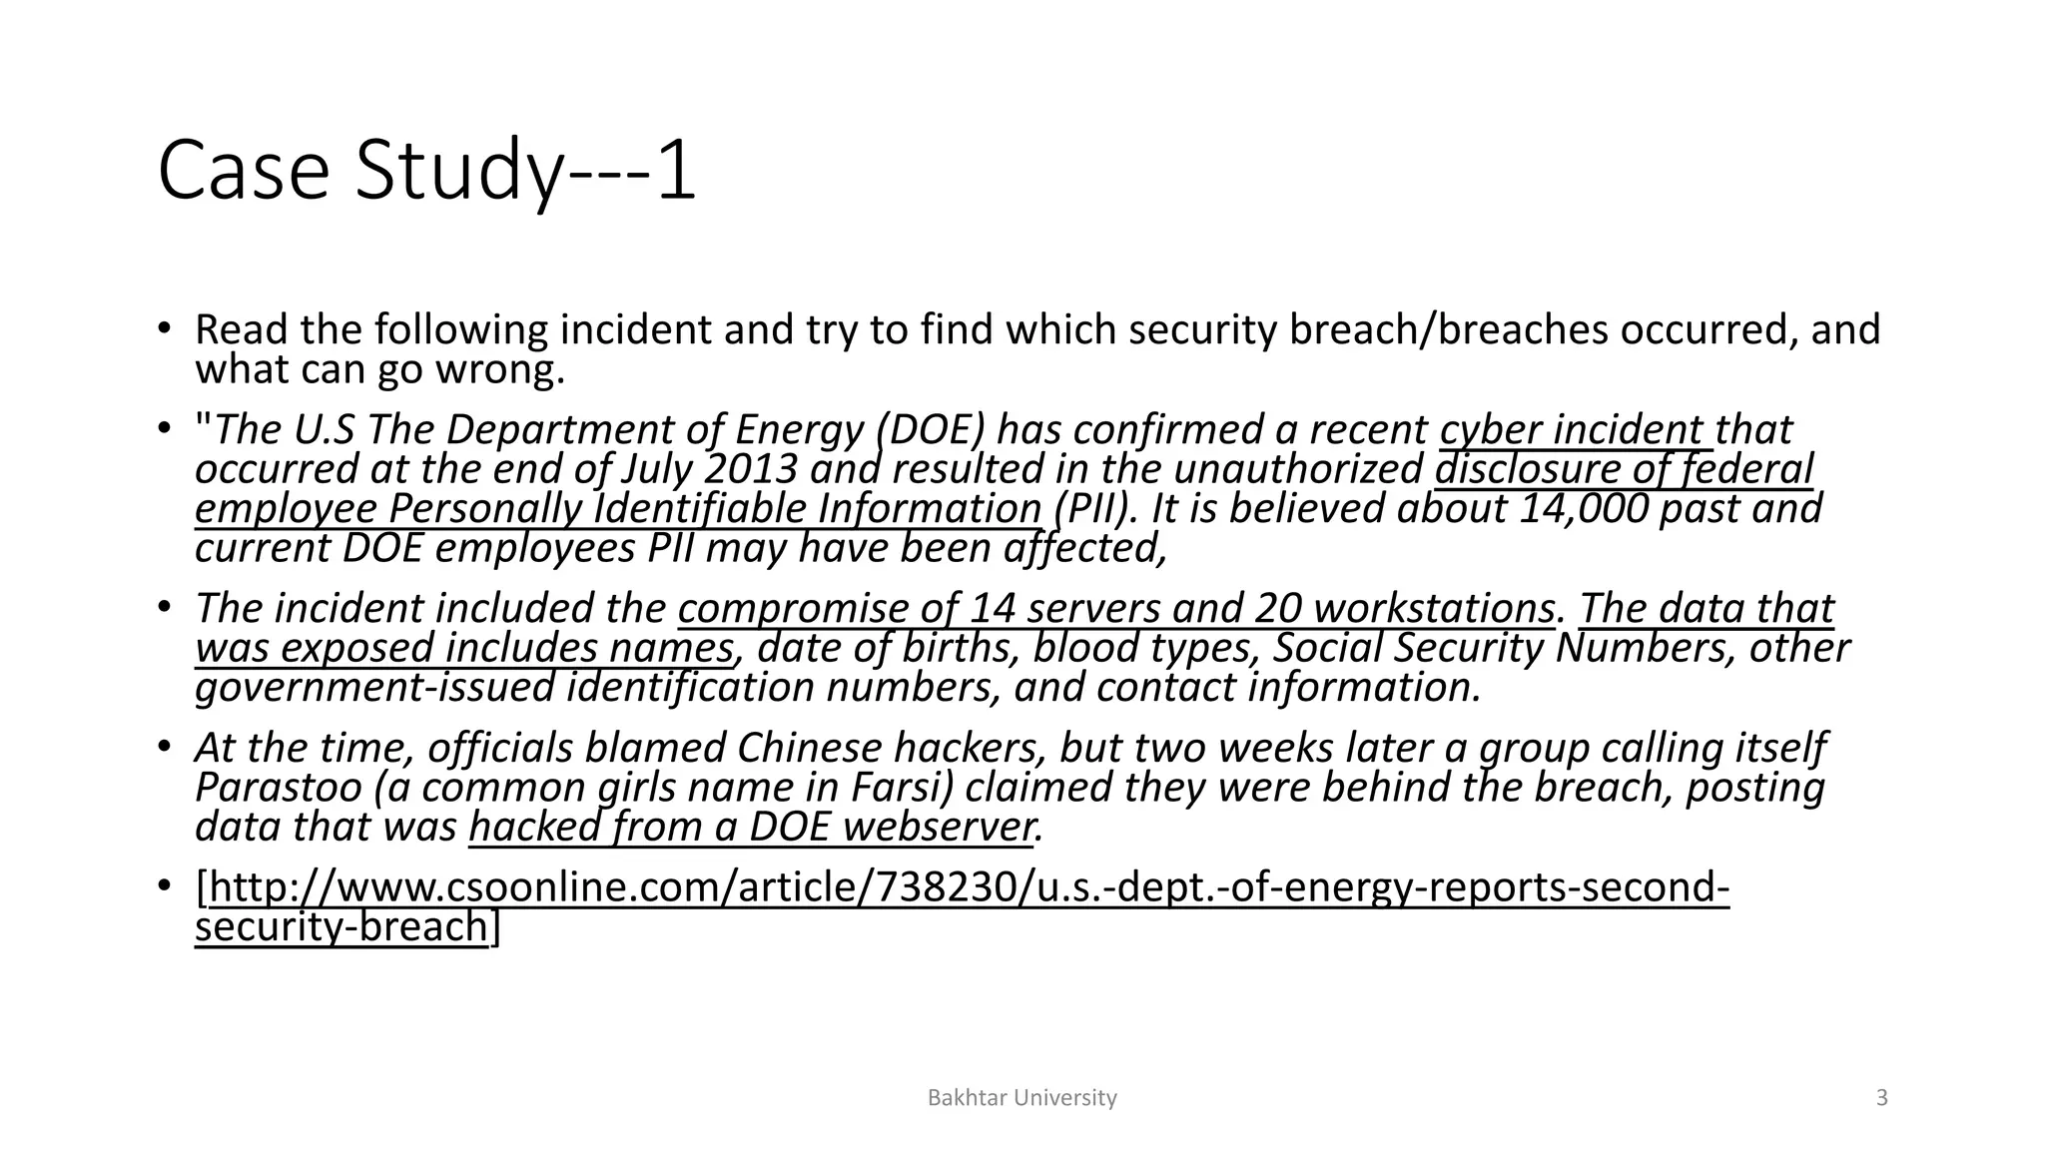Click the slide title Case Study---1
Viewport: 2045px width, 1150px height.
click(x=426, y=172)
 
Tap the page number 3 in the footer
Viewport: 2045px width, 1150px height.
click(x=1882, y=1098)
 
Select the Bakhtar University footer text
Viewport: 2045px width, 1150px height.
click(x=1022, y=1098)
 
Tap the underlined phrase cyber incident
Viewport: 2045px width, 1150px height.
click(x=1572, y=430)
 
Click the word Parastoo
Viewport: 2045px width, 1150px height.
click(x=278, y=788)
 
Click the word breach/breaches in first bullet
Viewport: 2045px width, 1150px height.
click(x=1448, y=329)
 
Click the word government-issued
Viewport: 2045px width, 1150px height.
click(x=374, y=688)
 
